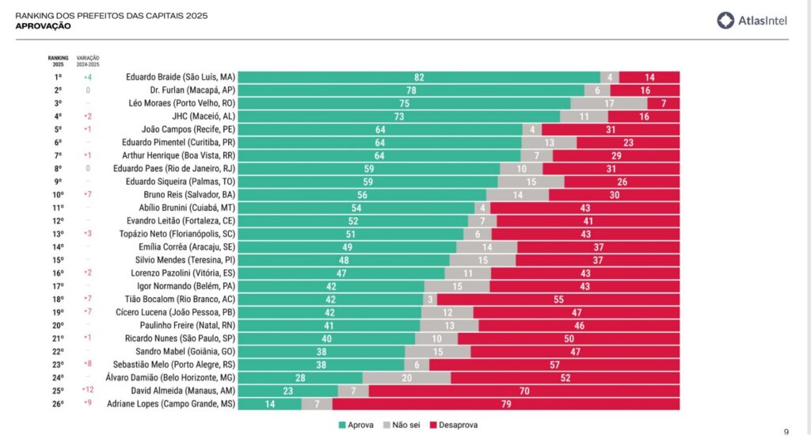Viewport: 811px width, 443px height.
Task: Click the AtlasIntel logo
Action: coord(752,21)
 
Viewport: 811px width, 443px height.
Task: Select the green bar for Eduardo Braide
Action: coord(419,77)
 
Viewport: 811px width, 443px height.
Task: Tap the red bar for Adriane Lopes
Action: coord(505,404)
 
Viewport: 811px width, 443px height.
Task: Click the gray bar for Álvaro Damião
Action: coord(406,378)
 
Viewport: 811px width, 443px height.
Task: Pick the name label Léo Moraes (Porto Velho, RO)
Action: coord(181,103)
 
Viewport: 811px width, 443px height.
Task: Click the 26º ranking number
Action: coord(58,404)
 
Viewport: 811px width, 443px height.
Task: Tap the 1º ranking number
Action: coord(58,77)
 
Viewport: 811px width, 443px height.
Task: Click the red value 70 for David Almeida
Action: coord(524,391)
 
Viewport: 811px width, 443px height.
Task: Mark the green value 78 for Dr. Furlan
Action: coord(412,90)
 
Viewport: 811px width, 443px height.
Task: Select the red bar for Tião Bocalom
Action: coord(558,300)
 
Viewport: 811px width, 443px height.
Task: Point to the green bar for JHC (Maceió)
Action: coord(398,116)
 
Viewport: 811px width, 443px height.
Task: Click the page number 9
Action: coord(786,432)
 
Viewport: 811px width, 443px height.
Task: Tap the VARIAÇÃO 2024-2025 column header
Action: coord(87,60)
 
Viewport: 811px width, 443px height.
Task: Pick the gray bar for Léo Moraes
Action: coord(608,103)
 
